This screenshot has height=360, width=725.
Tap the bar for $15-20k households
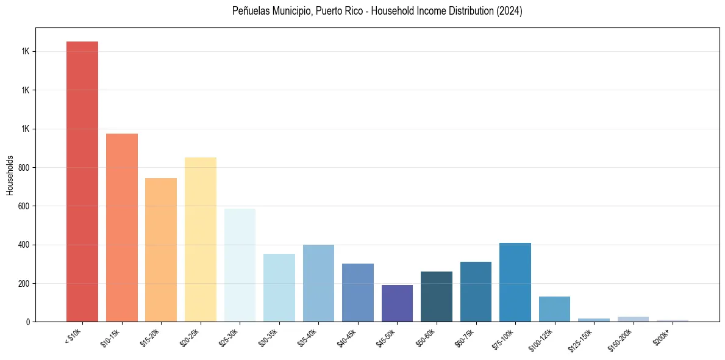[x=161, y=250]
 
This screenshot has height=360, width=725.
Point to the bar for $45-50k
[x=397, y=303]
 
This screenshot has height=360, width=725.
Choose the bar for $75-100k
[x=515, y=282]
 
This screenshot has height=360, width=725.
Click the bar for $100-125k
[x=554, y=309]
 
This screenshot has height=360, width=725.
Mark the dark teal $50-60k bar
[x=437, y=297]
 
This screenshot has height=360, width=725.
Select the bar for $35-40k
[x=318, y=283]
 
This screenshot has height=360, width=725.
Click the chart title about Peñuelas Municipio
[x=377, y=11]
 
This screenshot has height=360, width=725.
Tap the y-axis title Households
[x=10, y=175]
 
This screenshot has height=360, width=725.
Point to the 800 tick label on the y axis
[x=26, y=168]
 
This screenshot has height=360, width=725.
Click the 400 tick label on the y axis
[x=26, y=245]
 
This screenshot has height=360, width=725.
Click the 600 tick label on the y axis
[x=26, y=206]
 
